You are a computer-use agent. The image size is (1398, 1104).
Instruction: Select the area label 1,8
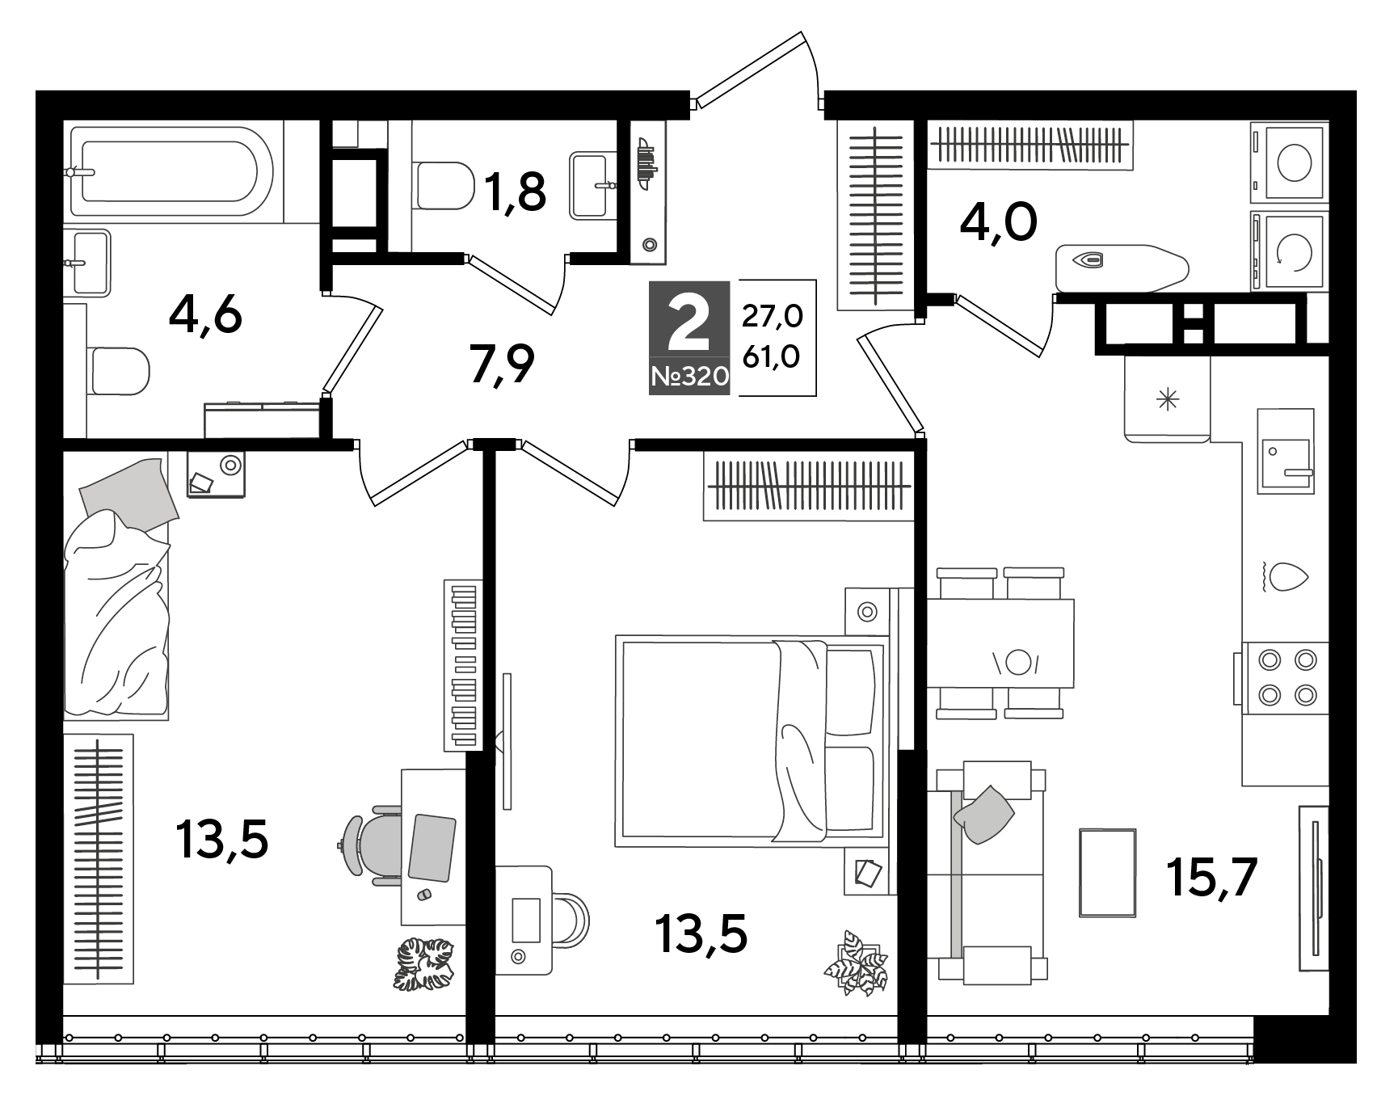pos(515,192)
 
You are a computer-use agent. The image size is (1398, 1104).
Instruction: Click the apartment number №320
pos(689,376)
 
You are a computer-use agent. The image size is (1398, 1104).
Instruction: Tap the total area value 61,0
pos(772,356)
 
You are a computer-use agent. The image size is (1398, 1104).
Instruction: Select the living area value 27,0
pos(772,316)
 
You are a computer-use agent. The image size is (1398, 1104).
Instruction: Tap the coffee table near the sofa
pos(1108,873)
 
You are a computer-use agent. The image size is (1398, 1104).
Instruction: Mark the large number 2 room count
pos(689,322)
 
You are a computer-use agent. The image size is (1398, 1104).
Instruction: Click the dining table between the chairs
pos(1000,643)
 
